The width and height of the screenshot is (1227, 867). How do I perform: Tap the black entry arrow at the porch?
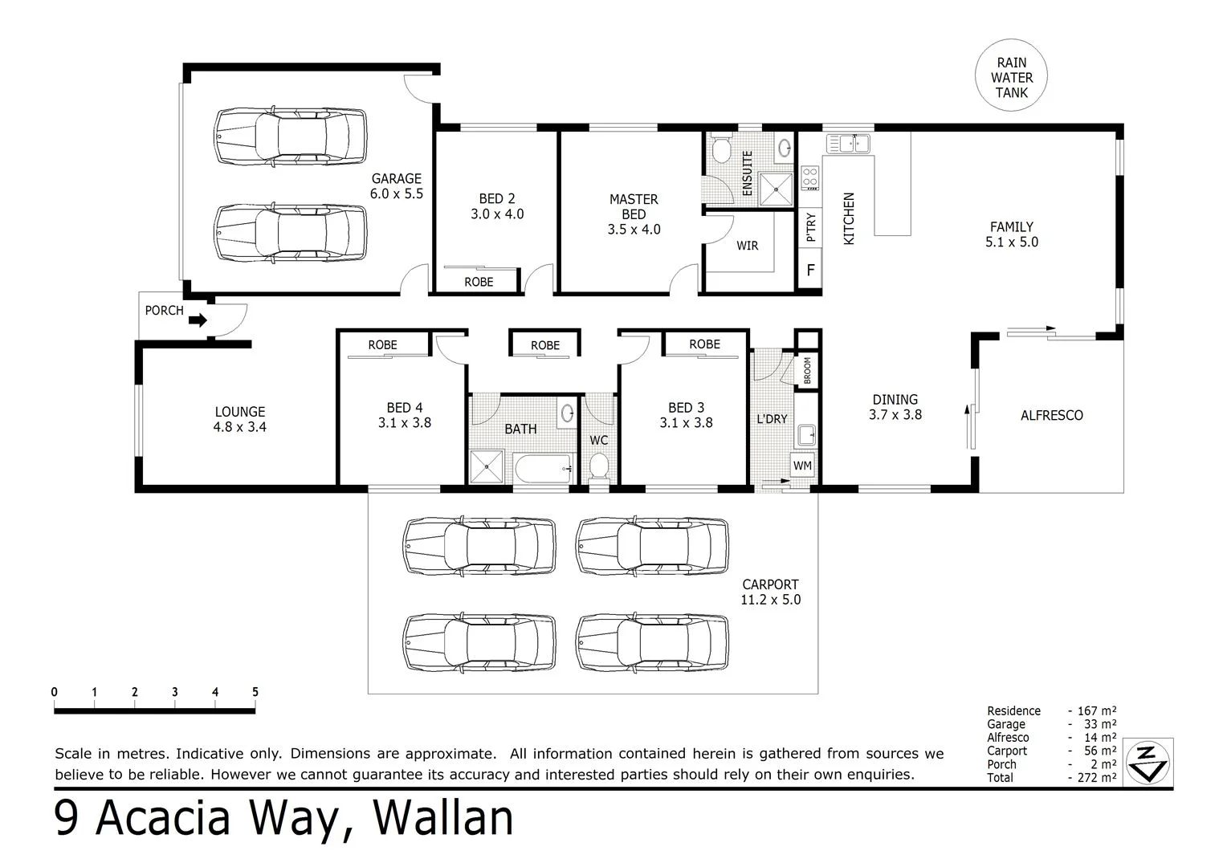pos(198,320)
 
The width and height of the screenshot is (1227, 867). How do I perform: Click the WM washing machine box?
pos(802,466)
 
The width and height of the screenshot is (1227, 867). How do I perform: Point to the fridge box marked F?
pos(810,270)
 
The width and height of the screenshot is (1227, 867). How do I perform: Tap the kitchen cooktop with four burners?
pos(810,178)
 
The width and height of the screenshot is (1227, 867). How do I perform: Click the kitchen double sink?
pos(848,144)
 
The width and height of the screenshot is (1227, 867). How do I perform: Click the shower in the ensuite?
pos(776,189)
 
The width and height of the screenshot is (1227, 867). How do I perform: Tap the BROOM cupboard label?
pos(807,371)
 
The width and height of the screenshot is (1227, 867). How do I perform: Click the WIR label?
pos(747,246)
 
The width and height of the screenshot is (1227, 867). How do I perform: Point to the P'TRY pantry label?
pos(811,227)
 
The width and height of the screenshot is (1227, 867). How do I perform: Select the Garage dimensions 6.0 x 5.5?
pos(396,194)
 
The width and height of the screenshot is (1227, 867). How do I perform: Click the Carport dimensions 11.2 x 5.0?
pos(770,600)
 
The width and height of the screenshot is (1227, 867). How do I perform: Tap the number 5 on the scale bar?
pos(255,692)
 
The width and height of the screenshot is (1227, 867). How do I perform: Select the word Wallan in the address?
pos(442,818)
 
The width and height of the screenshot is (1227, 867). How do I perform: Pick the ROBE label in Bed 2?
pos(479,282)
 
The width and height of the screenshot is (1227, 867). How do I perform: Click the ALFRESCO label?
pos(1052,416)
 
